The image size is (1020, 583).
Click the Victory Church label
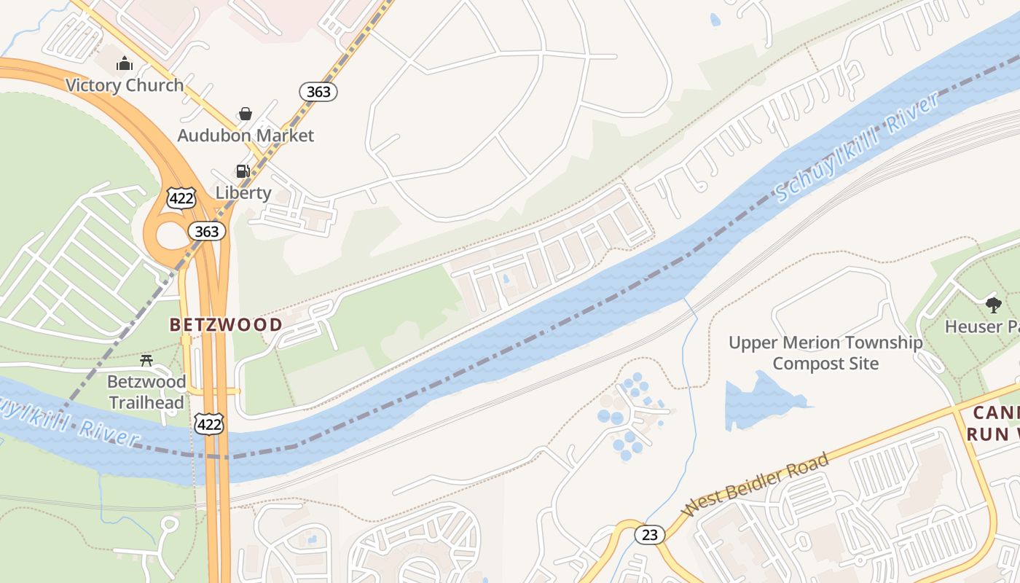coord(125,85)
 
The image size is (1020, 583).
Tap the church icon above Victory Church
coord(125,64)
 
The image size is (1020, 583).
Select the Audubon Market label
coord(246,136)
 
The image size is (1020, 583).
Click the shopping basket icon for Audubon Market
coord(246,114)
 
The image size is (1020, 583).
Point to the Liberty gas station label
coord(243,193)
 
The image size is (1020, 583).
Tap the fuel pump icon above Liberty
coord(243,172)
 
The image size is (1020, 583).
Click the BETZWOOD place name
coord(226,325)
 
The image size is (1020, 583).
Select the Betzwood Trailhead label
coord(146,391)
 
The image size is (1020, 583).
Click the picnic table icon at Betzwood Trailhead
coord(146,360)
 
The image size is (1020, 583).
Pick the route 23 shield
coord(649,535)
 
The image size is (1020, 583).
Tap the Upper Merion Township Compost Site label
coord(825,353)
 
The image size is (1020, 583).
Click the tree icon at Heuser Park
coord(993,305)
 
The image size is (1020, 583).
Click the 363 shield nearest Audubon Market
coord(318,92)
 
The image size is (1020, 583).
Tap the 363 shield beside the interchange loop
coord(207,232)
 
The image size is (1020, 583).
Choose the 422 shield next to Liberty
coord(181,198)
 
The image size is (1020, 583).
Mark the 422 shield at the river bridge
coord(209,425)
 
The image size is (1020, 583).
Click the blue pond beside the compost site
coord(761,401)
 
